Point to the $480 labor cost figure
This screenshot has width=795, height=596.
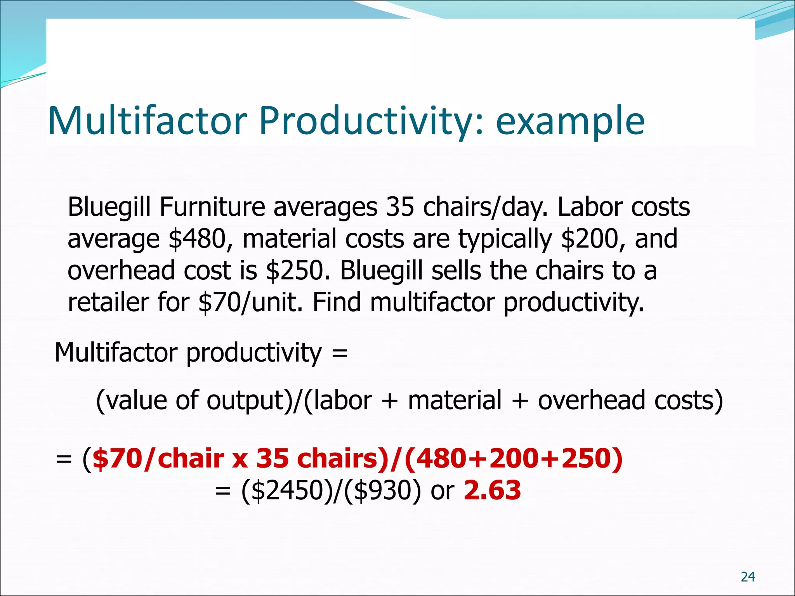(197, 239)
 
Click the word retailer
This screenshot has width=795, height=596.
(108, 302)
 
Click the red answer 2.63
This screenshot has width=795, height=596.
(492, 490)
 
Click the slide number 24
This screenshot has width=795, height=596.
(748, 577)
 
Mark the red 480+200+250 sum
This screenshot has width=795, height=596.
(513, 458)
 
